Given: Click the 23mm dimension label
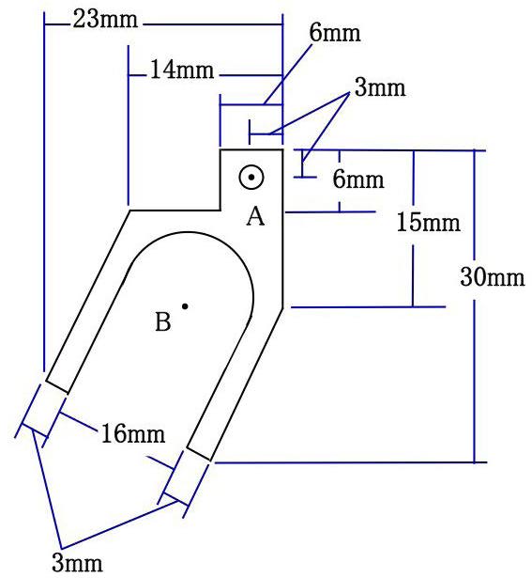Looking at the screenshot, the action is (105, 20).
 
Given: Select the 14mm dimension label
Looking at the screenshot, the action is (182, 70).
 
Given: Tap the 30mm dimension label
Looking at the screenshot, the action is (493, 277).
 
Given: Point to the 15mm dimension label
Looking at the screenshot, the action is (428, 223).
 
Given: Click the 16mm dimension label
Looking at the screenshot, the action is (133, 433).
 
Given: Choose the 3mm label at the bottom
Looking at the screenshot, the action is (77, 563).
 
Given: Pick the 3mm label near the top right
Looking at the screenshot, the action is (380, 87).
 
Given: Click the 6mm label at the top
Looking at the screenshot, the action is (334, 33).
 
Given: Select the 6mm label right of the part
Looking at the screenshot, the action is (358, 180).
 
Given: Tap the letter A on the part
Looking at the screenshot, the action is (255, 216).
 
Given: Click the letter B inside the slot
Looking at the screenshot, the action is (163, 321).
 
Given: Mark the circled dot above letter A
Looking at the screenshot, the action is (251, 178).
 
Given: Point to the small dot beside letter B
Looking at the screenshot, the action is (185, 306).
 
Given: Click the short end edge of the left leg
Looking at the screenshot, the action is (57, 386).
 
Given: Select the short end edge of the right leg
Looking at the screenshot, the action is (199, 454).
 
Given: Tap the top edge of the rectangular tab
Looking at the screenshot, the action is (251, 149).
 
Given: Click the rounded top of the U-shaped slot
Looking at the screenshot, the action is (190, 232).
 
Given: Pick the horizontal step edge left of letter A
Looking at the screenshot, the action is (175, 211).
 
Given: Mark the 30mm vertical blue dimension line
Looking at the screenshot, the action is (474, 306).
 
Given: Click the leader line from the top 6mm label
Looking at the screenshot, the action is (288, 74).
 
